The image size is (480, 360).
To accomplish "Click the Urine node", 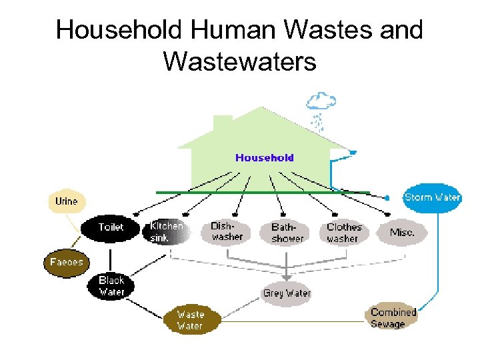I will pos(66,201).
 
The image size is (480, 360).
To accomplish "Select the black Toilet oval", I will pos(111,227).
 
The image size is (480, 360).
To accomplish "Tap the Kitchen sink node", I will pos(166,231).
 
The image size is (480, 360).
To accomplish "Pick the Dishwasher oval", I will pos(227,231).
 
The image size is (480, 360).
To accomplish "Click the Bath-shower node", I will pos(287,233).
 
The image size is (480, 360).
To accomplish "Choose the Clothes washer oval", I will pos(343,232).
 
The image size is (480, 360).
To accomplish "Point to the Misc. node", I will pos(401,233).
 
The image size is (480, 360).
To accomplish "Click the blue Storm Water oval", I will pos(432,197).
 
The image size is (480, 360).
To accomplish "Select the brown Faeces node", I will pos(66,262).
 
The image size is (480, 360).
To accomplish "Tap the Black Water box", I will pos(111,286).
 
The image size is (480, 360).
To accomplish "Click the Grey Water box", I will pos(287,293).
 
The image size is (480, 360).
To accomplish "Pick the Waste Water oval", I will pos(191,320).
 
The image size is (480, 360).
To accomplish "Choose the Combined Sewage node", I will pos(393,317).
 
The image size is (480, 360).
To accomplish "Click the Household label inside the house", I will pos(264,158).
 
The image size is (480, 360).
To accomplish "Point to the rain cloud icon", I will pos(321,102).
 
